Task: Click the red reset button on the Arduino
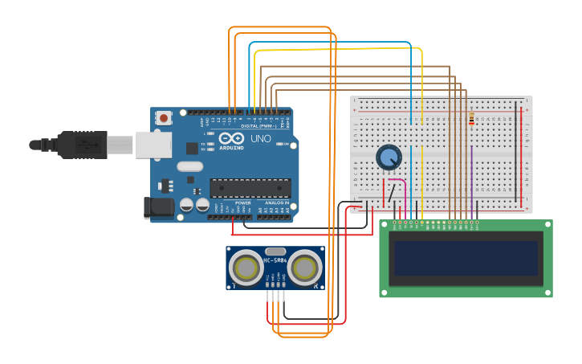(x=164, y=118)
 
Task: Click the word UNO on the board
(x=261, y=139)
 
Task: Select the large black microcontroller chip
(x=250, y=188)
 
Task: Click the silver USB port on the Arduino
(x=153, y=145)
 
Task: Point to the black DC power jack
(x=158, y=207)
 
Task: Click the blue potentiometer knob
(x=389, y=157)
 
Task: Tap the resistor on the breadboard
(x=471, y=119)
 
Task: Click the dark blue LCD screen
(x=465, y=258)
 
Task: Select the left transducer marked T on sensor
(x=244, y=267)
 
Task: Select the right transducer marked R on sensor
(x=306, y=267)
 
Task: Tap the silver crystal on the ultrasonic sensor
(x=275, y=252)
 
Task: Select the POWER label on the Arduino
(x=242, y=203)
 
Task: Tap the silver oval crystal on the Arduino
(x=190, y=166)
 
